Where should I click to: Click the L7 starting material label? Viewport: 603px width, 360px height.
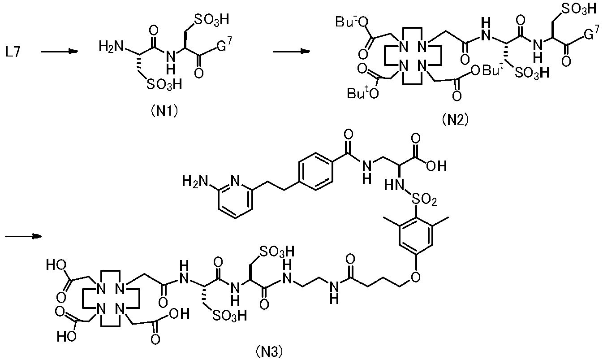tap(13, 52)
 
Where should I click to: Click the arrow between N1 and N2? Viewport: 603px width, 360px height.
tap(292, 52)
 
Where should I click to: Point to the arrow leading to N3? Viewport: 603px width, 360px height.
tap(23, 236)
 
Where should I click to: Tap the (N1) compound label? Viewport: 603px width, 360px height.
tap(164, 111)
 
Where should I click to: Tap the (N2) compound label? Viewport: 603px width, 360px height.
tap(455, 119)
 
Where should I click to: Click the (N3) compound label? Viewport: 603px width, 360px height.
tap(269, 351)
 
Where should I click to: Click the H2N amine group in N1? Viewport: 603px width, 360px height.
tap(111, 46)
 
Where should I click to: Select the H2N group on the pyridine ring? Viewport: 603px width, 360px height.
tap(194, 181)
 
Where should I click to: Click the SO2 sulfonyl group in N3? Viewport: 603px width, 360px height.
tap(425, 200)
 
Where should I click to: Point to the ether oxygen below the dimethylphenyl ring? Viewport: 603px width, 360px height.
tap(416, 277)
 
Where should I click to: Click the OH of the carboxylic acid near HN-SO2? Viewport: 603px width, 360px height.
tap(436, 166)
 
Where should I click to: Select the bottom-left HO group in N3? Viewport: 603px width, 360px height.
tap(66, 336)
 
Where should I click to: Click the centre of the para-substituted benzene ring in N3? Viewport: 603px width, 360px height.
tap(315, 171)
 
